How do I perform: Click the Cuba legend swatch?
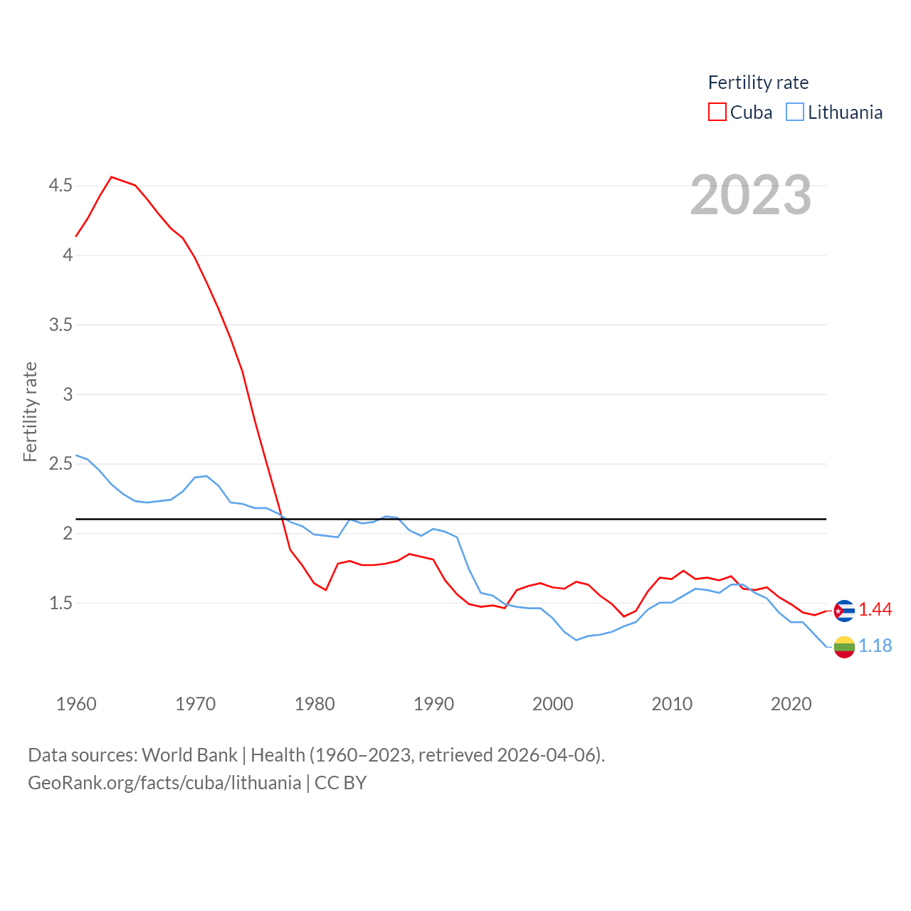[x=717, y=112]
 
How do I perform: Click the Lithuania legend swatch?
[x=795, y=112]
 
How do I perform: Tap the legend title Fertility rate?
[x=758, y=83]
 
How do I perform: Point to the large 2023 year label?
[x=751, y=195]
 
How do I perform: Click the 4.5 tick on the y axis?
[x=60, y=186]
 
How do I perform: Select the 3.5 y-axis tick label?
[x=60, y=325]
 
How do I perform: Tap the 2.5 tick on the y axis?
[x=60, y=464]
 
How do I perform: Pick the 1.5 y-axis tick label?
[x=60, y=604]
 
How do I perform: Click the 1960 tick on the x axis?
[x=76, y=704]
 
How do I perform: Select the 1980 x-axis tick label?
[x=315, y=704]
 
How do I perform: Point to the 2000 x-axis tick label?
[x=553, y=704]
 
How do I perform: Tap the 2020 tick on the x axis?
[x=791, y=704]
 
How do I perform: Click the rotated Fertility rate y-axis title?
[x=30, y=412]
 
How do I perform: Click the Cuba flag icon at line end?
[x=844, y=611]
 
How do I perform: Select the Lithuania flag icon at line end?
[x=844, y=647]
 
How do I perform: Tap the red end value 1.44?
[x=875, y=610]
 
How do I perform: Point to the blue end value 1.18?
[x=875, y=646]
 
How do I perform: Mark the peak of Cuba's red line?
[x=112, y=177]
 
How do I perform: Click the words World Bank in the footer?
[x=189, y=754]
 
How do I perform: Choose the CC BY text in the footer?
[x=340, y=783]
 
